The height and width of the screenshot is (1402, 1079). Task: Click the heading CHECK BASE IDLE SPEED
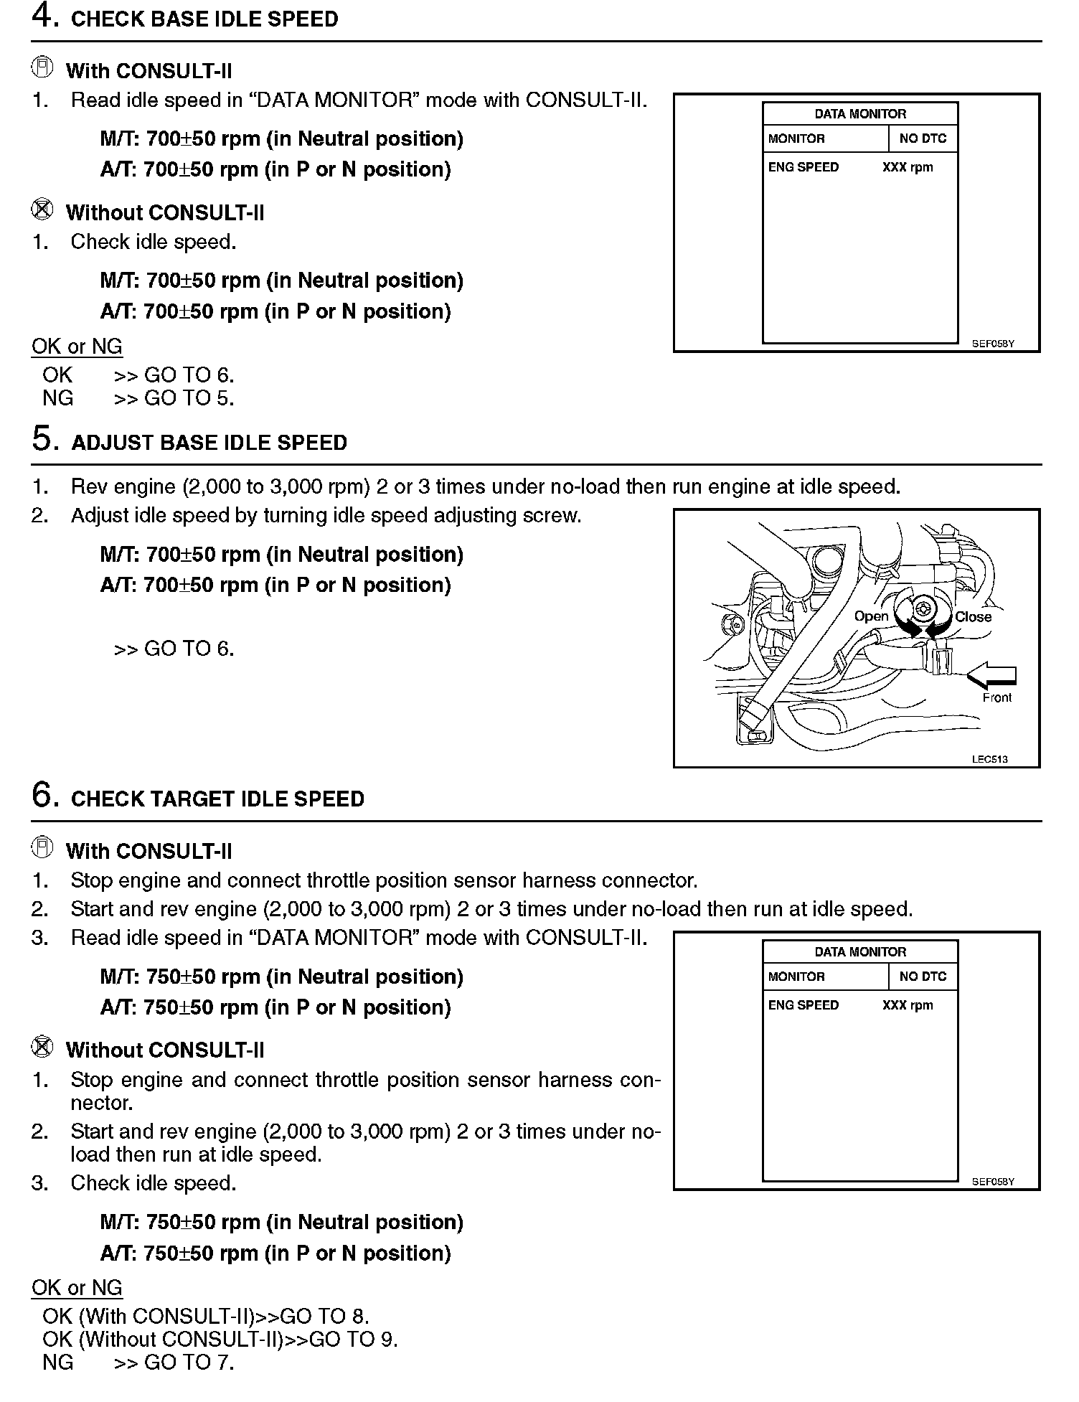click(x=204, y=19)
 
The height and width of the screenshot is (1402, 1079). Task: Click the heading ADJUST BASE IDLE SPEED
click(x=209, y=443)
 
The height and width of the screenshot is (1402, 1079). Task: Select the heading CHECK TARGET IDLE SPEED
click(x=217, y=799)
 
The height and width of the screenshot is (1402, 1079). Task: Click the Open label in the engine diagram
click(x=871, y=616)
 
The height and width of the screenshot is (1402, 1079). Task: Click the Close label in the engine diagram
click(x=973, y=617)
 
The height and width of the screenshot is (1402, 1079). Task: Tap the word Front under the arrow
click(x=996, y=697)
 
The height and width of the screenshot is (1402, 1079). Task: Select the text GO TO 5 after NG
click(x=189, y=398)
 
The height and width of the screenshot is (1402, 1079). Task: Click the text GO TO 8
click(x=324, y=1316)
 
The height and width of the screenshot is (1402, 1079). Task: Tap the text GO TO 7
click(x=189, y=1362)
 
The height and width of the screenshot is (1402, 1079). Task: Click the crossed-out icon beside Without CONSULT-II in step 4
click(x=42, y=210)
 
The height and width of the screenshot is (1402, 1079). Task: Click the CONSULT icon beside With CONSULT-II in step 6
click(x=42, y=849)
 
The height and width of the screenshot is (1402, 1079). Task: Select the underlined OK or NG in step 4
click(x=77, y=347)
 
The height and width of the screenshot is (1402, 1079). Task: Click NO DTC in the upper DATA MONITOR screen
click(x=923, y=138)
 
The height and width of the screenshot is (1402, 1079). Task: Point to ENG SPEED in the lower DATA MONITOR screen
click(x=803, y=1005)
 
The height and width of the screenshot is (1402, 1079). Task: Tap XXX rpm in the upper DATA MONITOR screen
click(x=908, y=167)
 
